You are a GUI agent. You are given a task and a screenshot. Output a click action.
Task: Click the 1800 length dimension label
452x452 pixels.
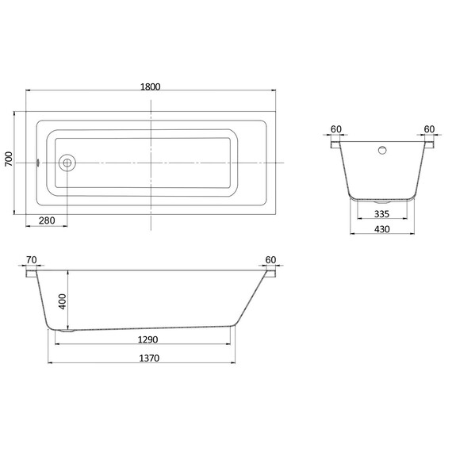[150, 86]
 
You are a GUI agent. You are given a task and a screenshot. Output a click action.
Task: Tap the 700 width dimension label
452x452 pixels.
[9, 159]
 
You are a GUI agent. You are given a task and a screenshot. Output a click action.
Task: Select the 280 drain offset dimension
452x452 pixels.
[47, 220]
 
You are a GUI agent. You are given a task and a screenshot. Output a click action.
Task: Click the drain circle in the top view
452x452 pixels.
[67, 163]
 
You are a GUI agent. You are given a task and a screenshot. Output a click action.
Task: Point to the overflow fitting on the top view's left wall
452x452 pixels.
[37, 163]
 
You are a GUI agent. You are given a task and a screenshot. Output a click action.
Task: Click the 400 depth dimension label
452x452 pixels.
[63, 302]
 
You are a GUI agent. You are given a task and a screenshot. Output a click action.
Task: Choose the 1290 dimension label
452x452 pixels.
[147, 339]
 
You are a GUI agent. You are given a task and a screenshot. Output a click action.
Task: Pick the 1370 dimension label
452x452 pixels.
[149, 358]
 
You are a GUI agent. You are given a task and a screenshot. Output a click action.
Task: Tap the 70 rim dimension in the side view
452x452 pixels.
[32, 260]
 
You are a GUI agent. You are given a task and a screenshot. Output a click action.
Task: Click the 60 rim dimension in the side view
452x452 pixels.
[270, 260]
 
